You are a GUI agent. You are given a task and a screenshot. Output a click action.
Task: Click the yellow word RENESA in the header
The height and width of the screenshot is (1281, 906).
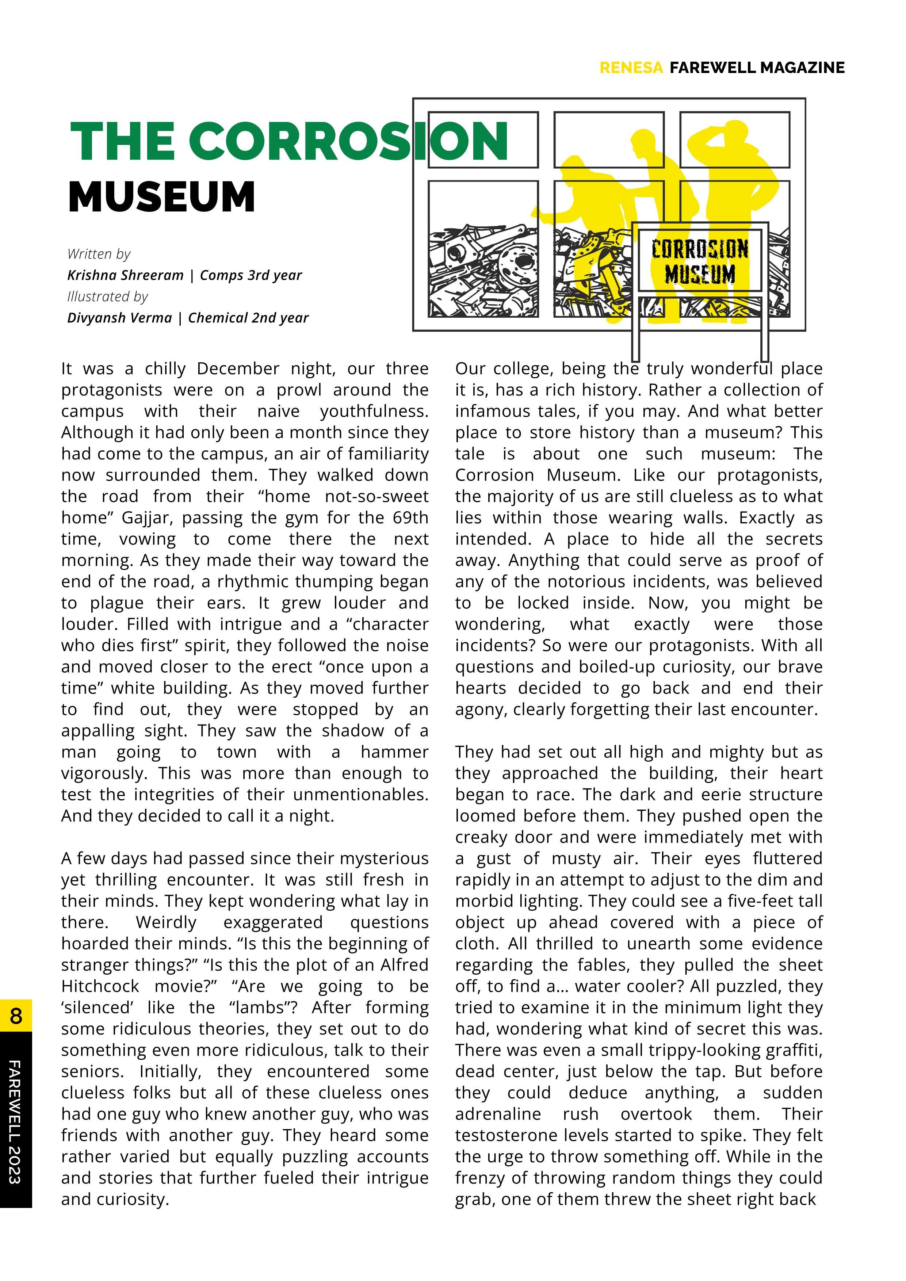[631, 68]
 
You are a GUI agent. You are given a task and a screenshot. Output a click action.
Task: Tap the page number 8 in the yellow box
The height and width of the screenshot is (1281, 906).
[16, 1016]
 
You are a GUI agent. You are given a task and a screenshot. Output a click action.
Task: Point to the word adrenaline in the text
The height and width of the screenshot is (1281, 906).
[498, 1114]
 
